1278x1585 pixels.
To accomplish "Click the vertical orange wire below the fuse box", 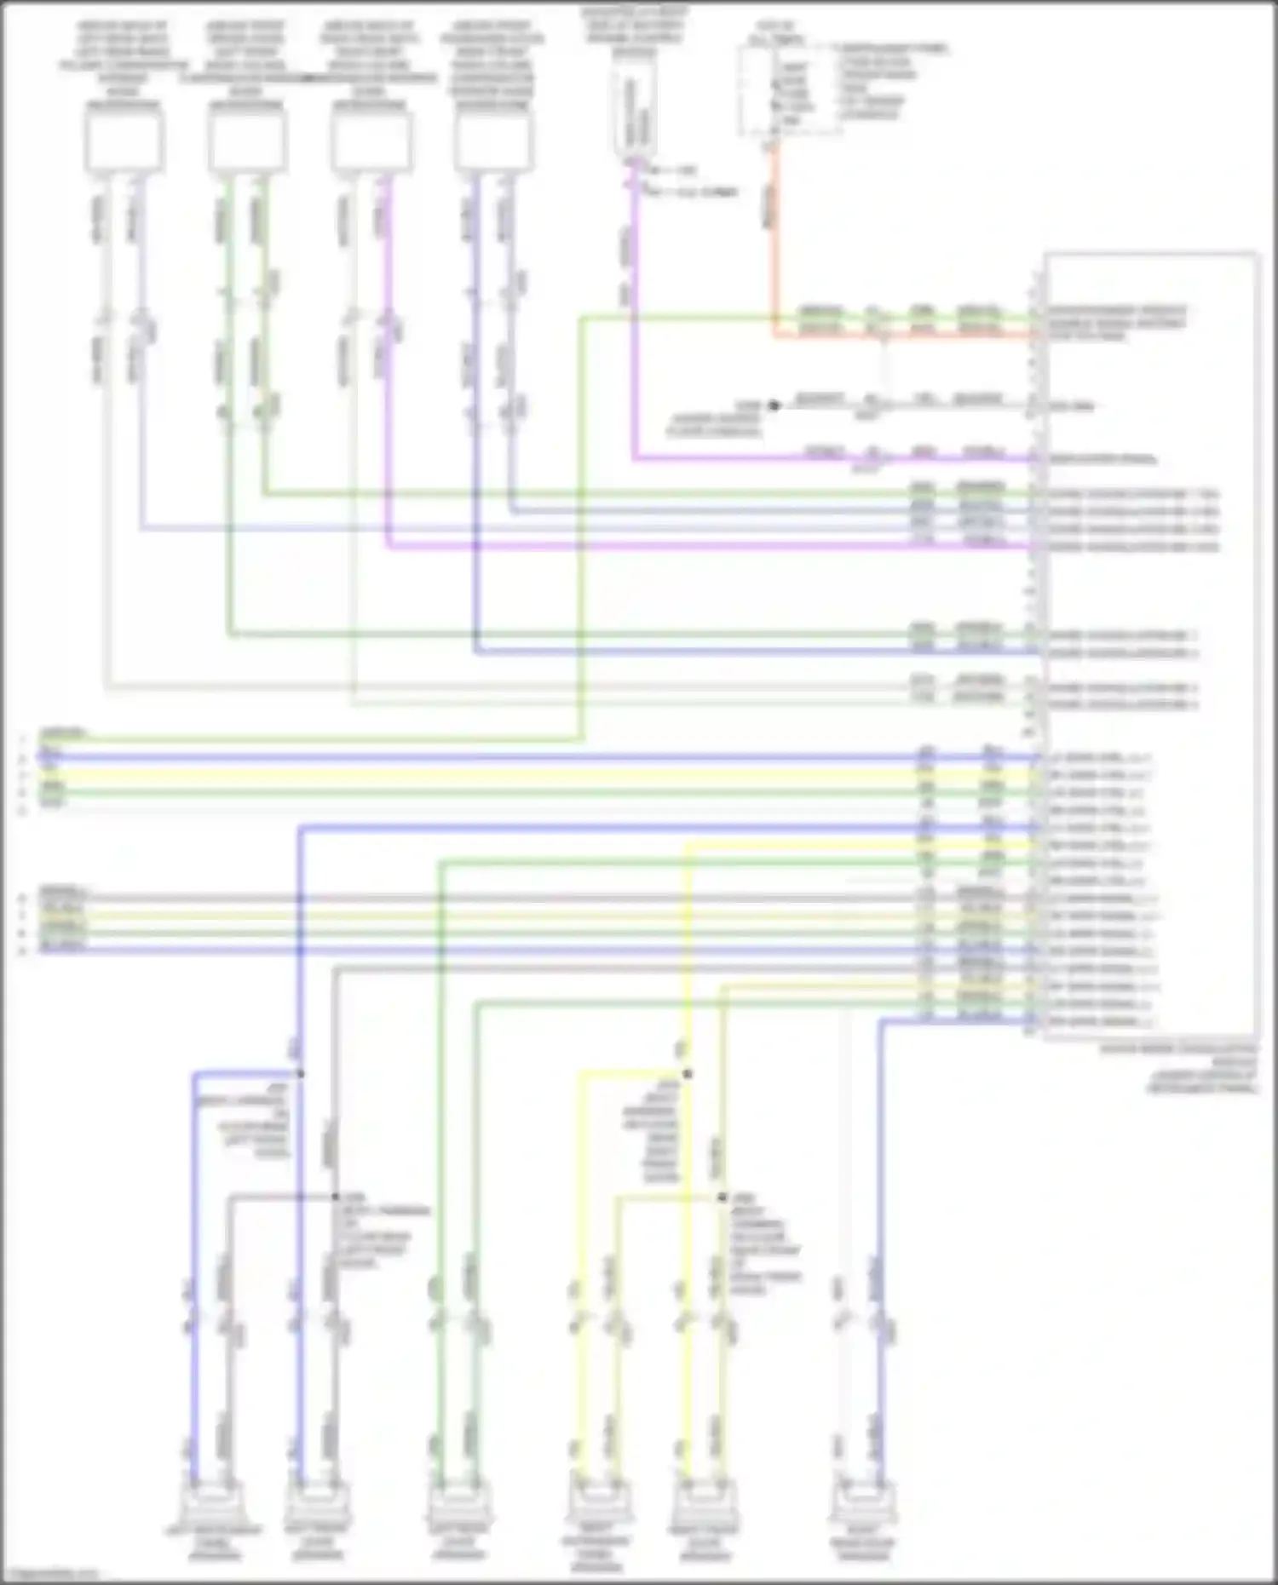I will (774, 247).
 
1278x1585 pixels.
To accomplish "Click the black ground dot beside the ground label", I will (774, 405).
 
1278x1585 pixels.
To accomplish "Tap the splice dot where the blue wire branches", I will (300, 1073).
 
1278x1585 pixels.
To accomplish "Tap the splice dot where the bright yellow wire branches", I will (687, 1073).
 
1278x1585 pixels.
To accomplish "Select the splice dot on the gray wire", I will (336, 1197).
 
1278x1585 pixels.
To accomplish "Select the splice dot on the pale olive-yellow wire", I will (722, 1197).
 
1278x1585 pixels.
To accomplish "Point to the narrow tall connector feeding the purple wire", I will (634, 115).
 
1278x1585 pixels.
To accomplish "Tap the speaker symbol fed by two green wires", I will (459, 1503).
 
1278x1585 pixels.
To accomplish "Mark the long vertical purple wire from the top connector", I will (633, 324).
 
